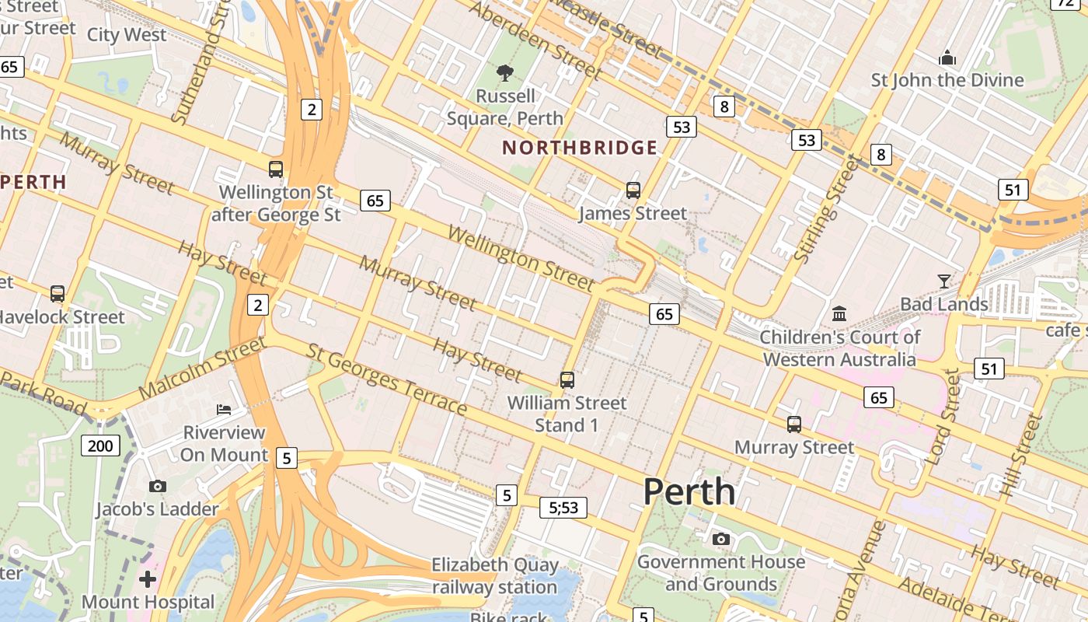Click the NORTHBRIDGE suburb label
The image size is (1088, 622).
coord(580,148)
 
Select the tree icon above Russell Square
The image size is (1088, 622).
coord(505,73)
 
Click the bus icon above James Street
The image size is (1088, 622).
coord(633,190)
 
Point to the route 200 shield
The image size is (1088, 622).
coord(100,446)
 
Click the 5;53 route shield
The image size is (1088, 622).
coord(563,508)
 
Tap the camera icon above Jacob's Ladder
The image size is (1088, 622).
coord(158,486)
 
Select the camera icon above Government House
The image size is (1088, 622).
coord(721,539)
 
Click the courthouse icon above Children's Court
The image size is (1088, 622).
coord(839,314)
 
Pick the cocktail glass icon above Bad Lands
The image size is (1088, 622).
coord(944,281)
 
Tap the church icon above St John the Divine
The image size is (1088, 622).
coord(947,58)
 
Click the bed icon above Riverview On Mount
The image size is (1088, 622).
coord(224,409)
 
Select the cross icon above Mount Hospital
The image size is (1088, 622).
coord(148,579)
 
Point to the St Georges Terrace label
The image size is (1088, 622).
coord(387,379)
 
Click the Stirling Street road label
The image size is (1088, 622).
coord(829,208)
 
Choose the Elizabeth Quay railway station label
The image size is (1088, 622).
coord(495,575)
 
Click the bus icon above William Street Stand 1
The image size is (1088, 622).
coord(567,379)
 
